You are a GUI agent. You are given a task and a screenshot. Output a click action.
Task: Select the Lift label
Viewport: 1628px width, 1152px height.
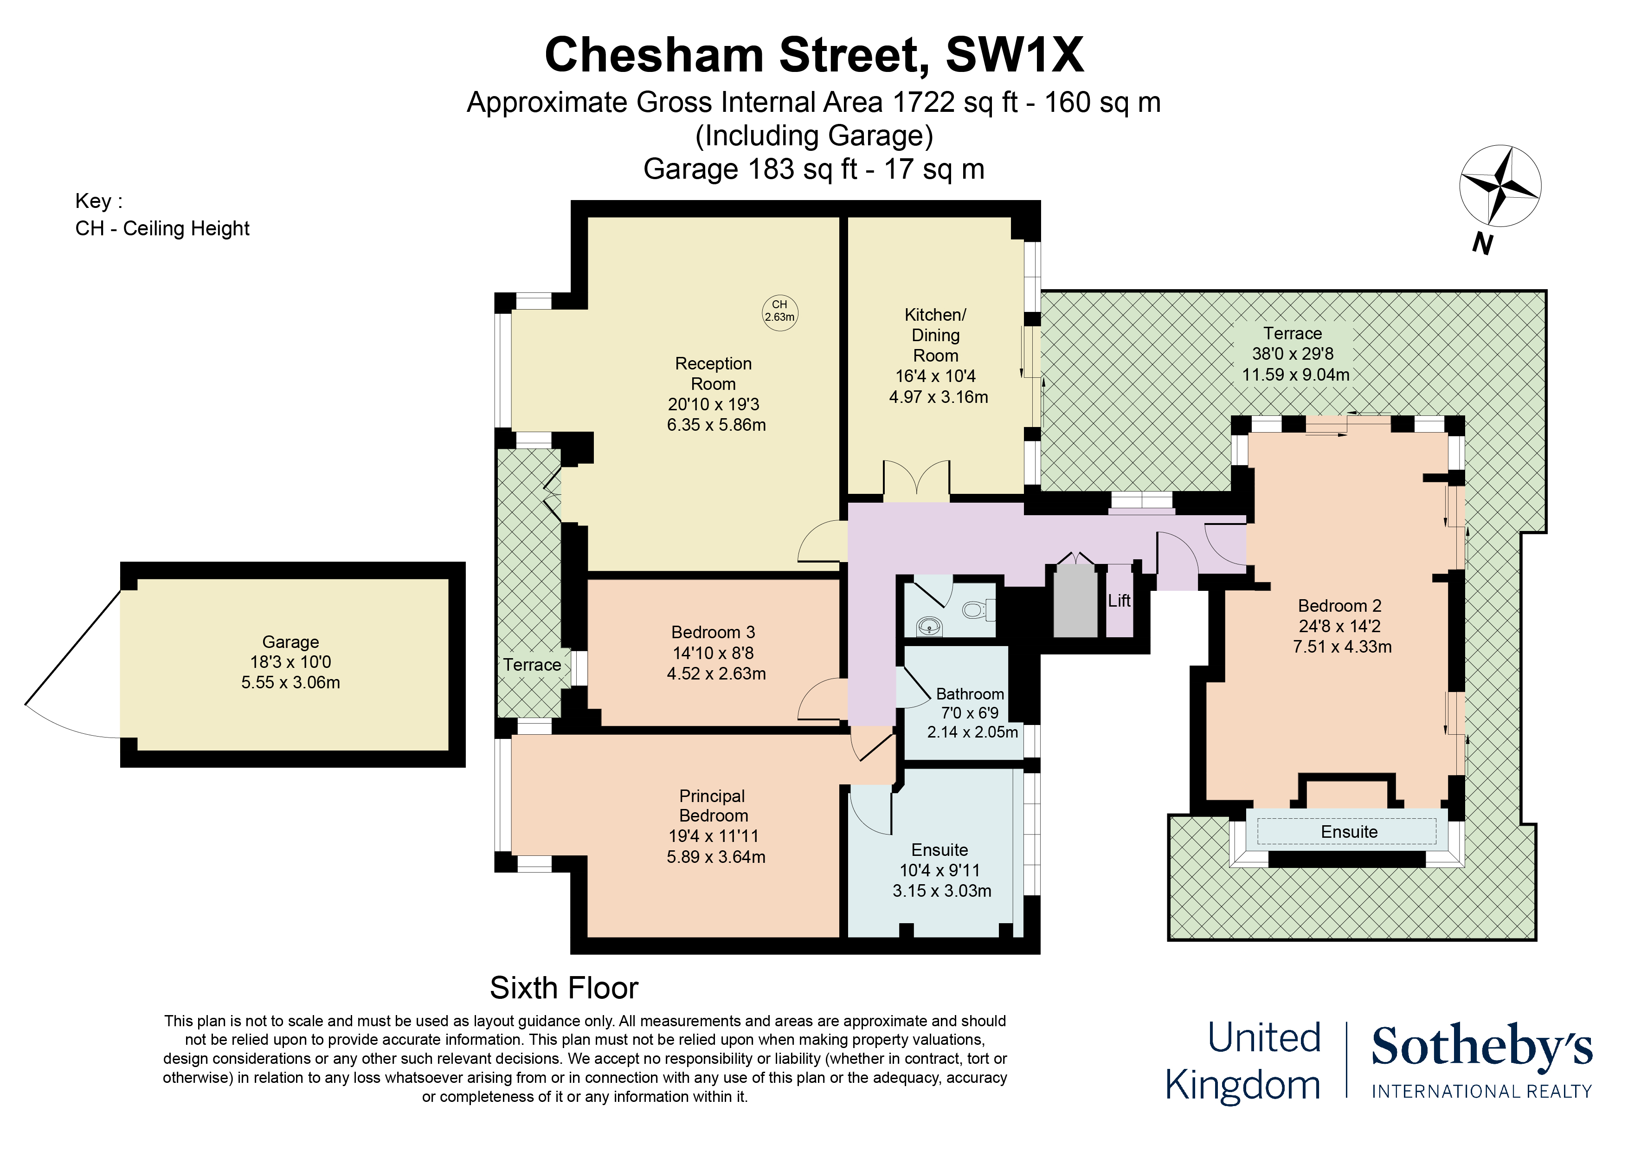point(1119,601)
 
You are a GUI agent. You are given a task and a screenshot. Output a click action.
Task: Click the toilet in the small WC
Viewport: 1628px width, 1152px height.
point(978,609)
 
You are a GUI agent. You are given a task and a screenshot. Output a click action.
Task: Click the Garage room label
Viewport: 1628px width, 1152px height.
point(291,642)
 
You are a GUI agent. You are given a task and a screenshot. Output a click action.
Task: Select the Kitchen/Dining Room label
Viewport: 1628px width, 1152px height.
point(936,335)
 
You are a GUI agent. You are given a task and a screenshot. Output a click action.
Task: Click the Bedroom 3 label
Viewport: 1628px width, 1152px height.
point(713,632)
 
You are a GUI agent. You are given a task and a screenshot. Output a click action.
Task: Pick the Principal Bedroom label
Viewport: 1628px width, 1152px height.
point(713,806)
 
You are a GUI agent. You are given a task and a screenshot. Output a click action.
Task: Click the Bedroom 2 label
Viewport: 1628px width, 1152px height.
point(1339,606)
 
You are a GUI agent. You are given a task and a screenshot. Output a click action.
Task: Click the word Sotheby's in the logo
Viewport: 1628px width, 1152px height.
point(1482,1047)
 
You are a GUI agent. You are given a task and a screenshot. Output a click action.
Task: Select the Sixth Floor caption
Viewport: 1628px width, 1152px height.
point(565,988)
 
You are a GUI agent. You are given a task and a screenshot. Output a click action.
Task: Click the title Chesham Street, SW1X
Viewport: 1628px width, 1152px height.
point(814,55)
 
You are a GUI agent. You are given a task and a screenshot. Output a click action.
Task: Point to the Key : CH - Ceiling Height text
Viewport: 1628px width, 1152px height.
point(162,215)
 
